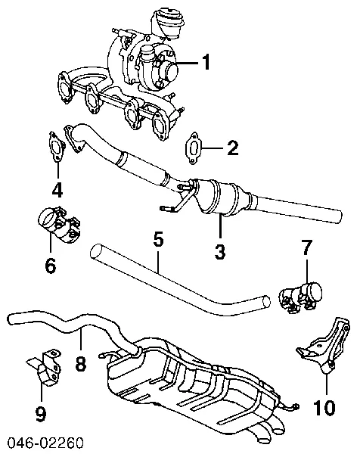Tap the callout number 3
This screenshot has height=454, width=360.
click(220, 252)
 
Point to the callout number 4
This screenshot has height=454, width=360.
click(57, 188)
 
